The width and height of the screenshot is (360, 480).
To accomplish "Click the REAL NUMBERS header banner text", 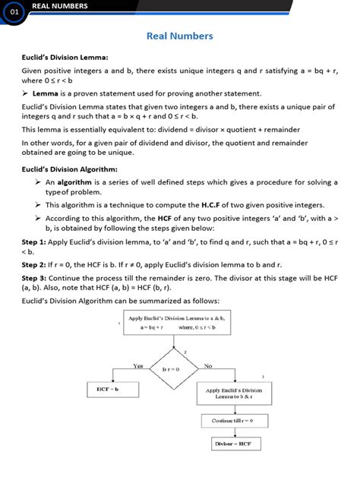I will pyautogui.click(x=59, y=6).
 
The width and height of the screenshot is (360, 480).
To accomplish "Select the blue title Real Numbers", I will pyautogui.click(x=179, y=36).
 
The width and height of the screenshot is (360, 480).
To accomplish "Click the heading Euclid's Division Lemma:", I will pyautogui.click(x=65, y=57).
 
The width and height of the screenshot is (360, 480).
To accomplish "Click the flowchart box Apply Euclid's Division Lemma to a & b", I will pyautogui.click(x=172, y=322).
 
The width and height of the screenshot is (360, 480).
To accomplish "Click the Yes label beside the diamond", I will pyautogui.click(x=137, y=365).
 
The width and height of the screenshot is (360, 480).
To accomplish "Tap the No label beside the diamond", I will pyautogui.click(x=207, y=365).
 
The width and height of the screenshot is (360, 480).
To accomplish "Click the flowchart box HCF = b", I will pyautogui.click(x=112, y=390).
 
